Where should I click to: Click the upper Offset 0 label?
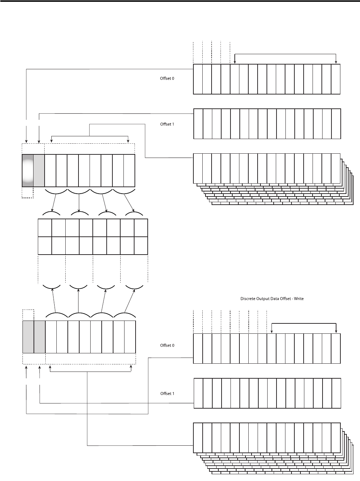pyautogui.click(x=167, y=78)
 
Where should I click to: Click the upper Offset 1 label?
pyautogui.click(x=167, y=124)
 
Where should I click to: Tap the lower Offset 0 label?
pyautogui.click(x=167, y=346)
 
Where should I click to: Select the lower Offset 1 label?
pyautogui.click(x=167, y=394)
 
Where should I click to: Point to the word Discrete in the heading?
pyautogui.click(x=248, y=298)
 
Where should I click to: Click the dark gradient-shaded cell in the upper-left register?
pyautogui.click(x=27, y=170)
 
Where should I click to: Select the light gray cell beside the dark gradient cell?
pyautogui.click(x=39, y=170)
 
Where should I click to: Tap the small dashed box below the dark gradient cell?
pyautogui.click(x=27, y=193)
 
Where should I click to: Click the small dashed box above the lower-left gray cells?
pyautogui.click(x=28, y=315)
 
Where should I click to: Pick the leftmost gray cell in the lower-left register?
pyautogui.click(x=28, y=337)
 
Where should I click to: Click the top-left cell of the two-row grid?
pyautogui.click(x=45, y=228)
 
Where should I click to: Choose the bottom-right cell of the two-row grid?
pyautogui.click(x=141, y=245)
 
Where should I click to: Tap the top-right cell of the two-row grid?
pyautogui.click(x=141, y=228)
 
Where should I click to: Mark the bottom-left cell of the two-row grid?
pyautogui.click(x=45, y=245)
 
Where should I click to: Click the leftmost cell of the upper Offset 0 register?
pyautogui.click(x=198, y=79)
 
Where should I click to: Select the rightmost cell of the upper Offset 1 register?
pyautogui.click(x=336, y=124)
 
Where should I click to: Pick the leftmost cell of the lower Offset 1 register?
pyautogui.click(x=198, y=393)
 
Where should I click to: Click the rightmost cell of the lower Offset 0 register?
pyautogui.click(x=336, y=348)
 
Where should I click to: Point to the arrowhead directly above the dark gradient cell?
pyautogui.click(x=26, y=141)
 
